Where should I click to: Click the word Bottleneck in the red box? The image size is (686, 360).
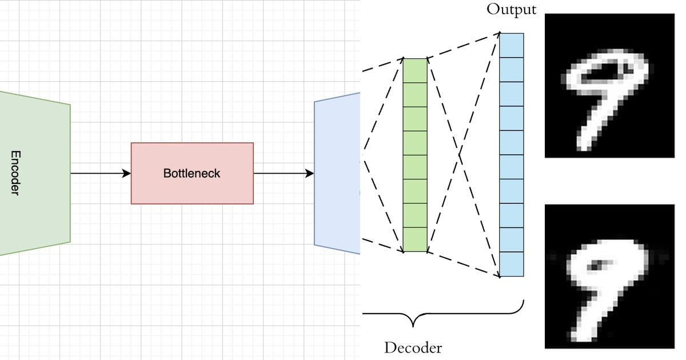point(192,173)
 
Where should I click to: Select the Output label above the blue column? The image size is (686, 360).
point(511,10)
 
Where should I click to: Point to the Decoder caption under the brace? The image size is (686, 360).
point(413,347)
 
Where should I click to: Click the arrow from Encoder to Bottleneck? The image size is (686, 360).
point(100,173)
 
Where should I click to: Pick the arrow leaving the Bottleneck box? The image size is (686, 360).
point(283,173)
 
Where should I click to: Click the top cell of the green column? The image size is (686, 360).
point(415,70)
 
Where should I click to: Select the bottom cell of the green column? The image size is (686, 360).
point(415,239)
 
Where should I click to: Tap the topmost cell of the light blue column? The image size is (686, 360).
point(512,45)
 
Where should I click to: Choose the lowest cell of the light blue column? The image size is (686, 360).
point(512,264)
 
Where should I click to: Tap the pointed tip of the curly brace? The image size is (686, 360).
point(413,326)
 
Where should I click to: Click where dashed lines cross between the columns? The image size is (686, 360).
point(459,154)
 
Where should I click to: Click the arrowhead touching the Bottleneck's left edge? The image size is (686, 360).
point(127,173)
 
